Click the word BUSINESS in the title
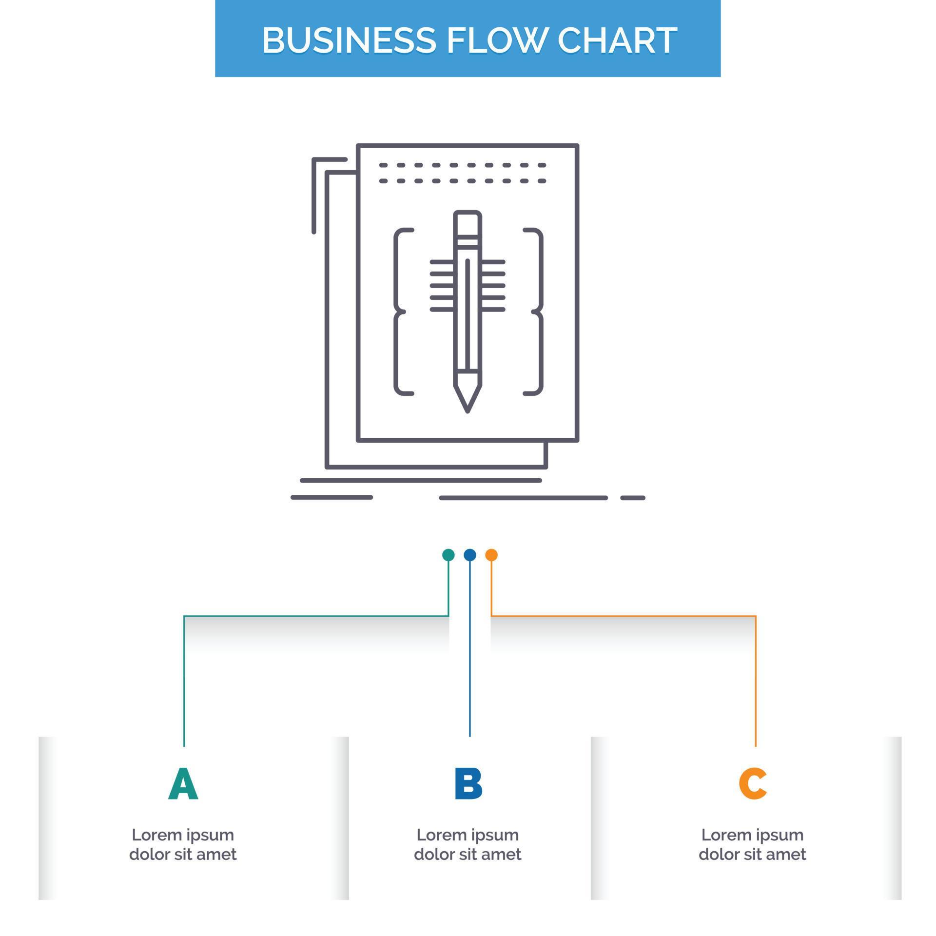click(349, 40)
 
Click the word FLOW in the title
click(495, 40)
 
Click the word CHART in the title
click(617, 40)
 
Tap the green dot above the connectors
click(448, 555)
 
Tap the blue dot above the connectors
click(469, 555)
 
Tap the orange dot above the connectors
click(491, 555)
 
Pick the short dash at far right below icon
click(632, 498)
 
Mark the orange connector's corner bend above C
click(756, 616)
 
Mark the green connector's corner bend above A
click(184, 616)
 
